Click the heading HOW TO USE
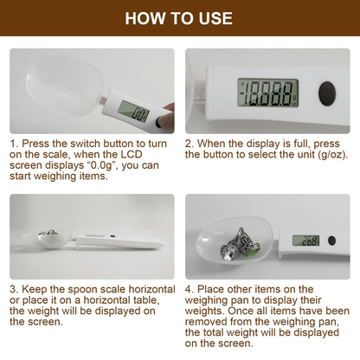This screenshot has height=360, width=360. tap(179, 18)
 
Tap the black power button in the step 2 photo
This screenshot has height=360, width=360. tap(327, 93)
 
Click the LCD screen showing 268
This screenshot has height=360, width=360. tap(305, 241)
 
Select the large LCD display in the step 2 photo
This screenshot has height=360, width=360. tap(268, 93)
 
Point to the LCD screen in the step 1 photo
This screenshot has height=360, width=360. tap(133, 112)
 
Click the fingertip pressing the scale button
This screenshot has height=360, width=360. tap(166, 119)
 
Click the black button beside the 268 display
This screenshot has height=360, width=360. tap(332, 241)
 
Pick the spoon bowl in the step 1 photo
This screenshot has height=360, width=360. tap(64, 86)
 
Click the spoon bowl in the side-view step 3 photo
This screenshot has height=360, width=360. tap(48, 238)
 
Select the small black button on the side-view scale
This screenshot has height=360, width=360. tap(112, 236)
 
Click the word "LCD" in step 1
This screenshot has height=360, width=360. tap(132, 154)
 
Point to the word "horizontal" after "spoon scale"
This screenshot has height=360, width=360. tap(151, 289)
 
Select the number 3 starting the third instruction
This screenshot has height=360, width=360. tap(12, 289)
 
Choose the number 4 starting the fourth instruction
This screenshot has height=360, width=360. tap(188, 289)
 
